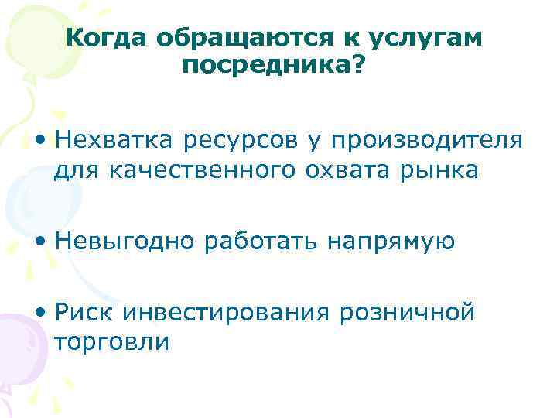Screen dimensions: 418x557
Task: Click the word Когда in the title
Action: (108, 38)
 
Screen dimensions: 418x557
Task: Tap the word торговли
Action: (111, 341)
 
